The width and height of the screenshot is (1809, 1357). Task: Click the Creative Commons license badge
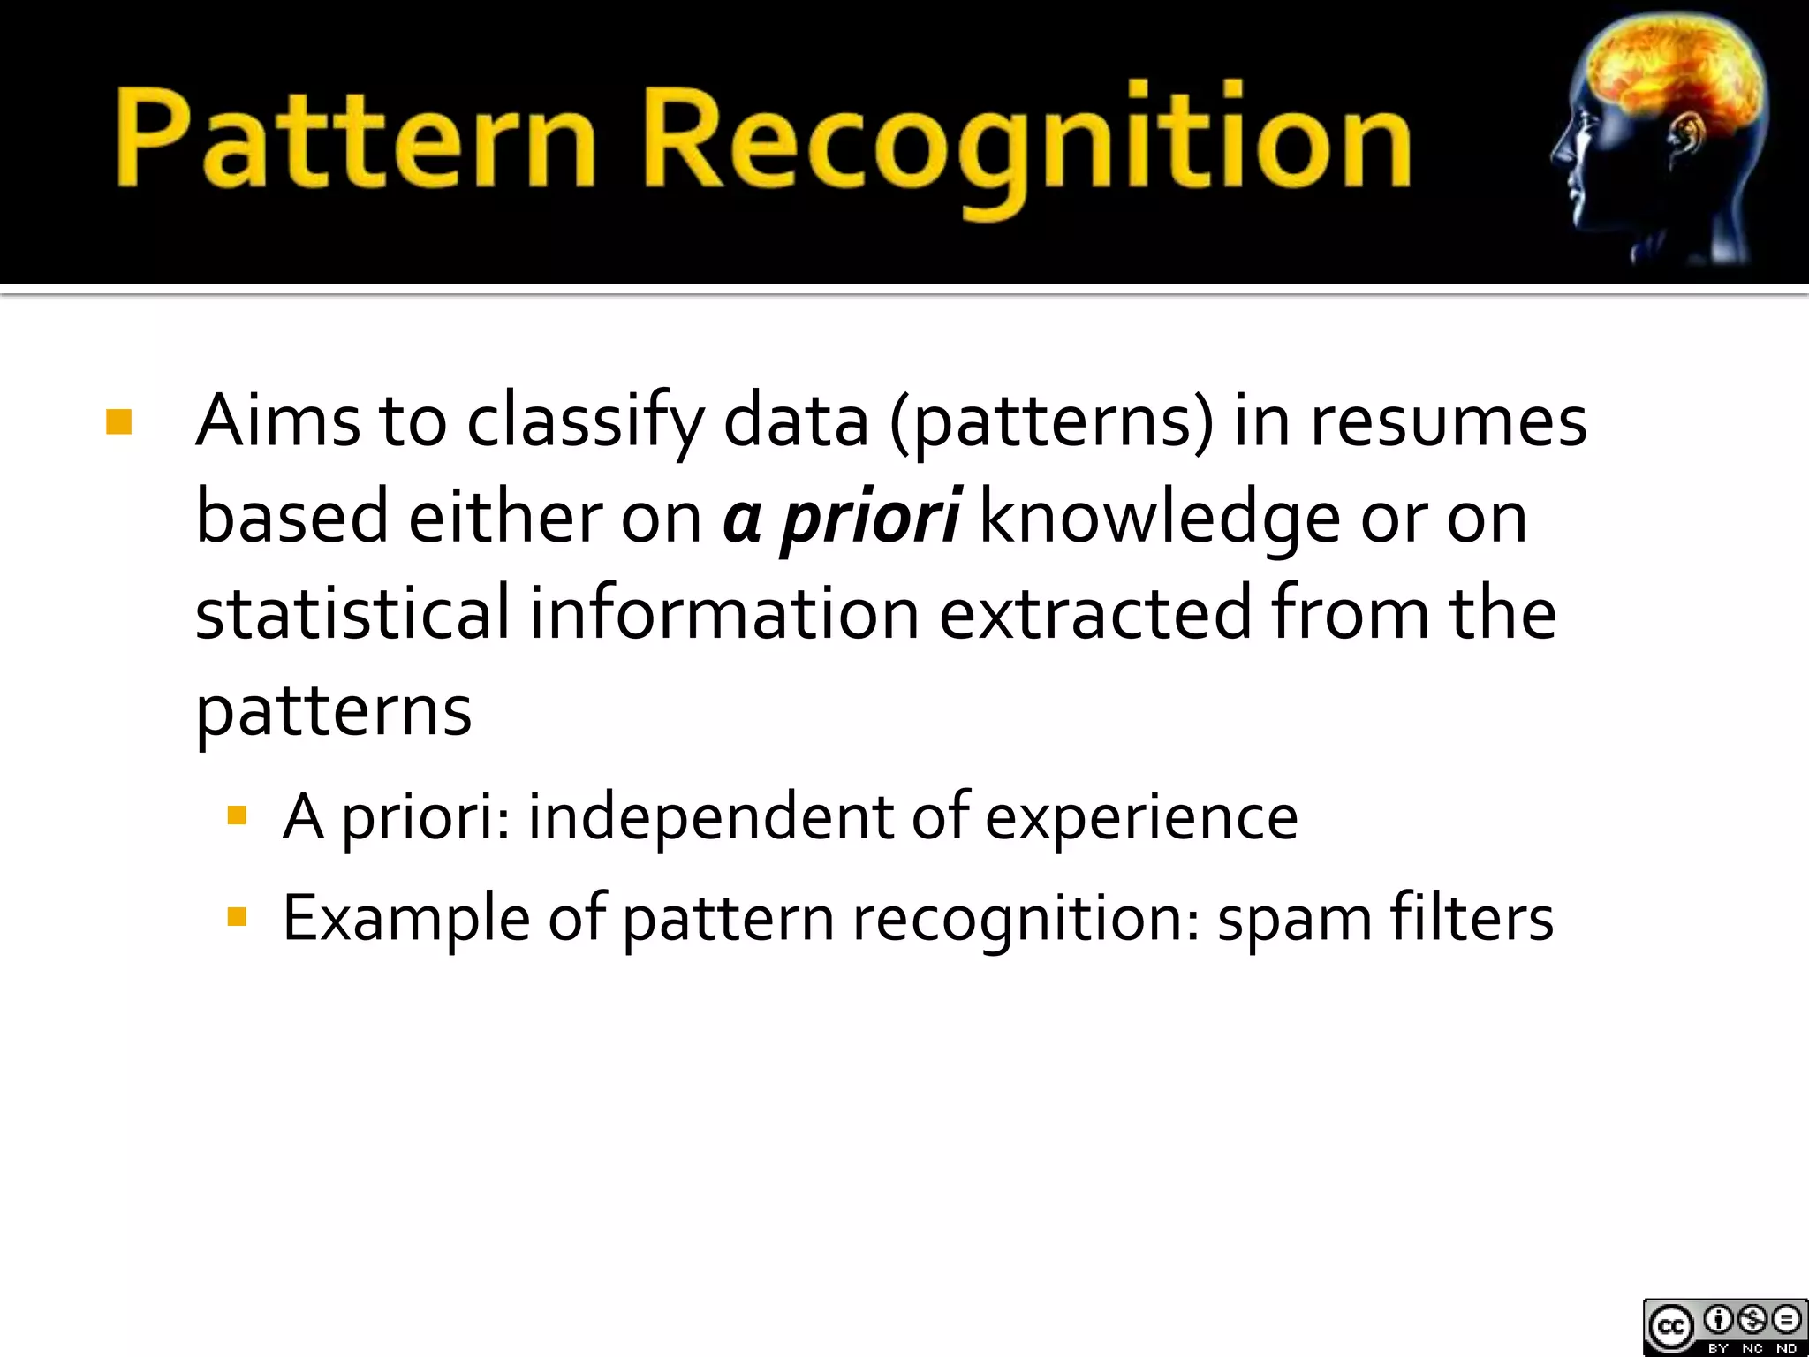pyautogui.click(x=1724, y=1326)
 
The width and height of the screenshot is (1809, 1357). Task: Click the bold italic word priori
pyautogui.click(x=870, y=518)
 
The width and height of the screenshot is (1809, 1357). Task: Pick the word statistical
pyautogui.click(x=352, y=613)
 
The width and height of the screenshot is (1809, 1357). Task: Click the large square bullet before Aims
pyautogui.click(x=118, y=422)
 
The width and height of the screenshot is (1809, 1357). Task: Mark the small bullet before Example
pyautogui.click(x=237, y=917)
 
